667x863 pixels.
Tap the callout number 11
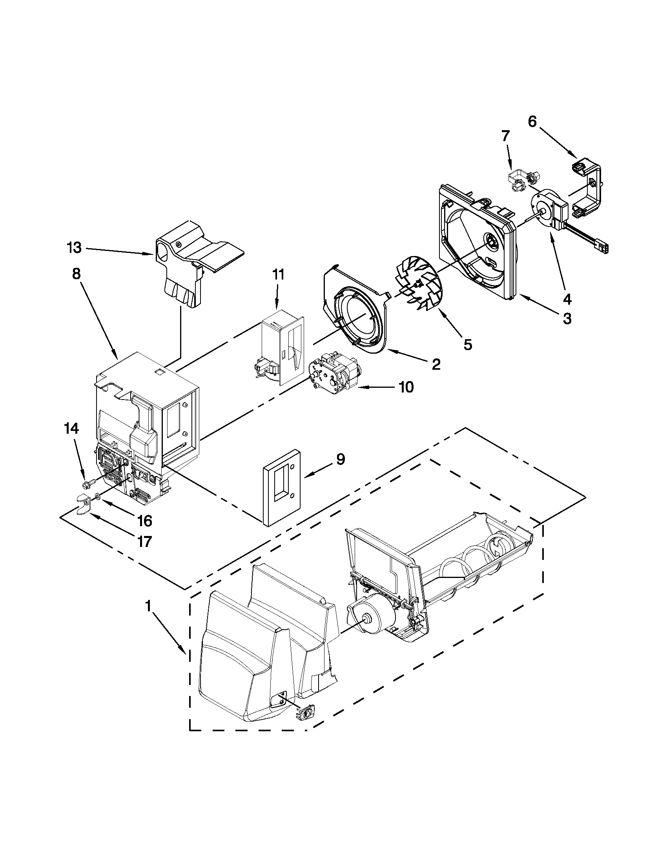point(278,274)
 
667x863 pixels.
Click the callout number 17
point(145,541)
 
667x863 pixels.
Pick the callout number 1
point(148,606)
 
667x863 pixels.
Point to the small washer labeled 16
point(97,496)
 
